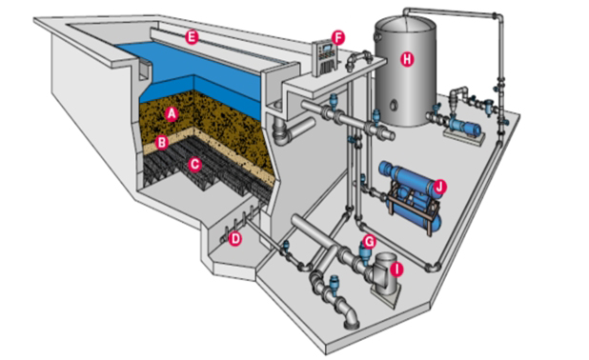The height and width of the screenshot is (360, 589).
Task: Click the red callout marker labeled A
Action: click(172, 113)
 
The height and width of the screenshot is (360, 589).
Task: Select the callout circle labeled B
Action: click(162, 143)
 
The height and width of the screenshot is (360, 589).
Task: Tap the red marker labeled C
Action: click(194, 165)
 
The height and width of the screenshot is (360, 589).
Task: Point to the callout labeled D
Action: click(235, 239)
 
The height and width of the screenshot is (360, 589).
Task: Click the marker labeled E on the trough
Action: click(192, 37)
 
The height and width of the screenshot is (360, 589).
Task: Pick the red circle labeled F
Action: click(338, 38)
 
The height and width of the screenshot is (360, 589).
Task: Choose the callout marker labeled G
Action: click(369, 242)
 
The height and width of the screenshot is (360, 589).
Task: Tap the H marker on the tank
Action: click(407, 59)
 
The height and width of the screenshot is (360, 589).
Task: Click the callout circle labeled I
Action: click(396, 270)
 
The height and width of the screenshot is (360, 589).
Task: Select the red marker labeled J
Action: click(439, 187)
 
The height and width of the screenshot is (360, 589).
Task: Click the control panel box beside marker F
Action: click(324, 58)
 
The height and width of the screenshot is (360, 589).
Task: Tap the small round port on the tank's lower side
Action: click(394, 105)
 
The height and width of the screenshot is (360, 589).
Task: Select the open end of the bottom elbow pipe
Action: click(354, 325)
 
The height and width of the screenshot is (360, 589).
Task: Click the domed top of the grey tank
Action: click(406, 26)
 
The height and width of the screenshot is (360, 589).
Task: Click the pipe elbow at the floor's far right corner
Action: click(433, 267)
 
